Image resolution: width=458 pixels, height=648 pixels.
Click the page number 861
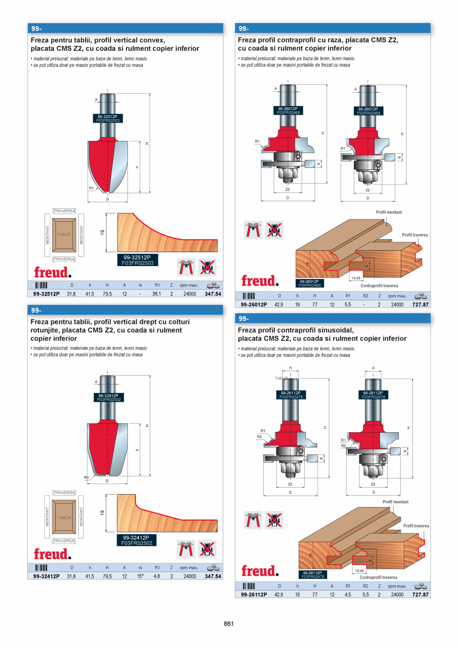(x=229, y=624)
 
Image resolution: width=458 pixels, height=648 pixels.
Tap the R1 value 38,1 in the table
(x=157, y=294)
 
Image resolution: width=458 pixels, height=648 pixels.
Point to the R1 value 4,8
(x=157, y=576)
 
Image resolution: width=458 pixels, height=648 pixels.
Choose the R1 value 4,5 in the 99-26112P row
(x=347, y=594)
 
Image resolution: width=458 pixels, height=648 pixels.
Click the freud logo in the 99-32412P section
(x=52, y=554)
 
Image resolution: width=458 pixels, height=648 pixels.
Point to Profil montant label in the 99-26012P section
(x=389, y=212)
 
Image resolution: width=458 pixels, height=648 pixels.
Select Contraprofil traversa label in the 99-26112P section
(x=378, y=578)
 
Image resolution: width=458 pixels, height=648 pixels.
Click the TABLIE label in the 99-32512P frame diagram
(x=63, y=234)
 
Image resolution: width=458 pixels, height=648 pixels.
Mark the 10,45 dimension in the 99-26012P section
(x=356, y=278)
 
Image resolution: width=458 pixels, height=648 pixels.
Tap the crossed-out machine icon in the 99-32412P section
(x=207, y=548)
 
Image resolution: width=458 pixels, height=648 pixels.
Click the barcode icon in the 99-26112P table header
(x=248, y=586)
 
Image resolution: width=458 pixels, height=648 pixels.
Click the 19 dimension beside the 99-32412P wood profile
(x=102, y=513)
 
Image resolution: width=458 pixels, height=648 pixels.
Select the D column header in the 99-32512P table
(x=72, y=285)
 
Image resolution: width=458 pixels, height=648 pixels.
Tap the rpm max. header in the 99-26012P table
(x=397, y=296)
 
